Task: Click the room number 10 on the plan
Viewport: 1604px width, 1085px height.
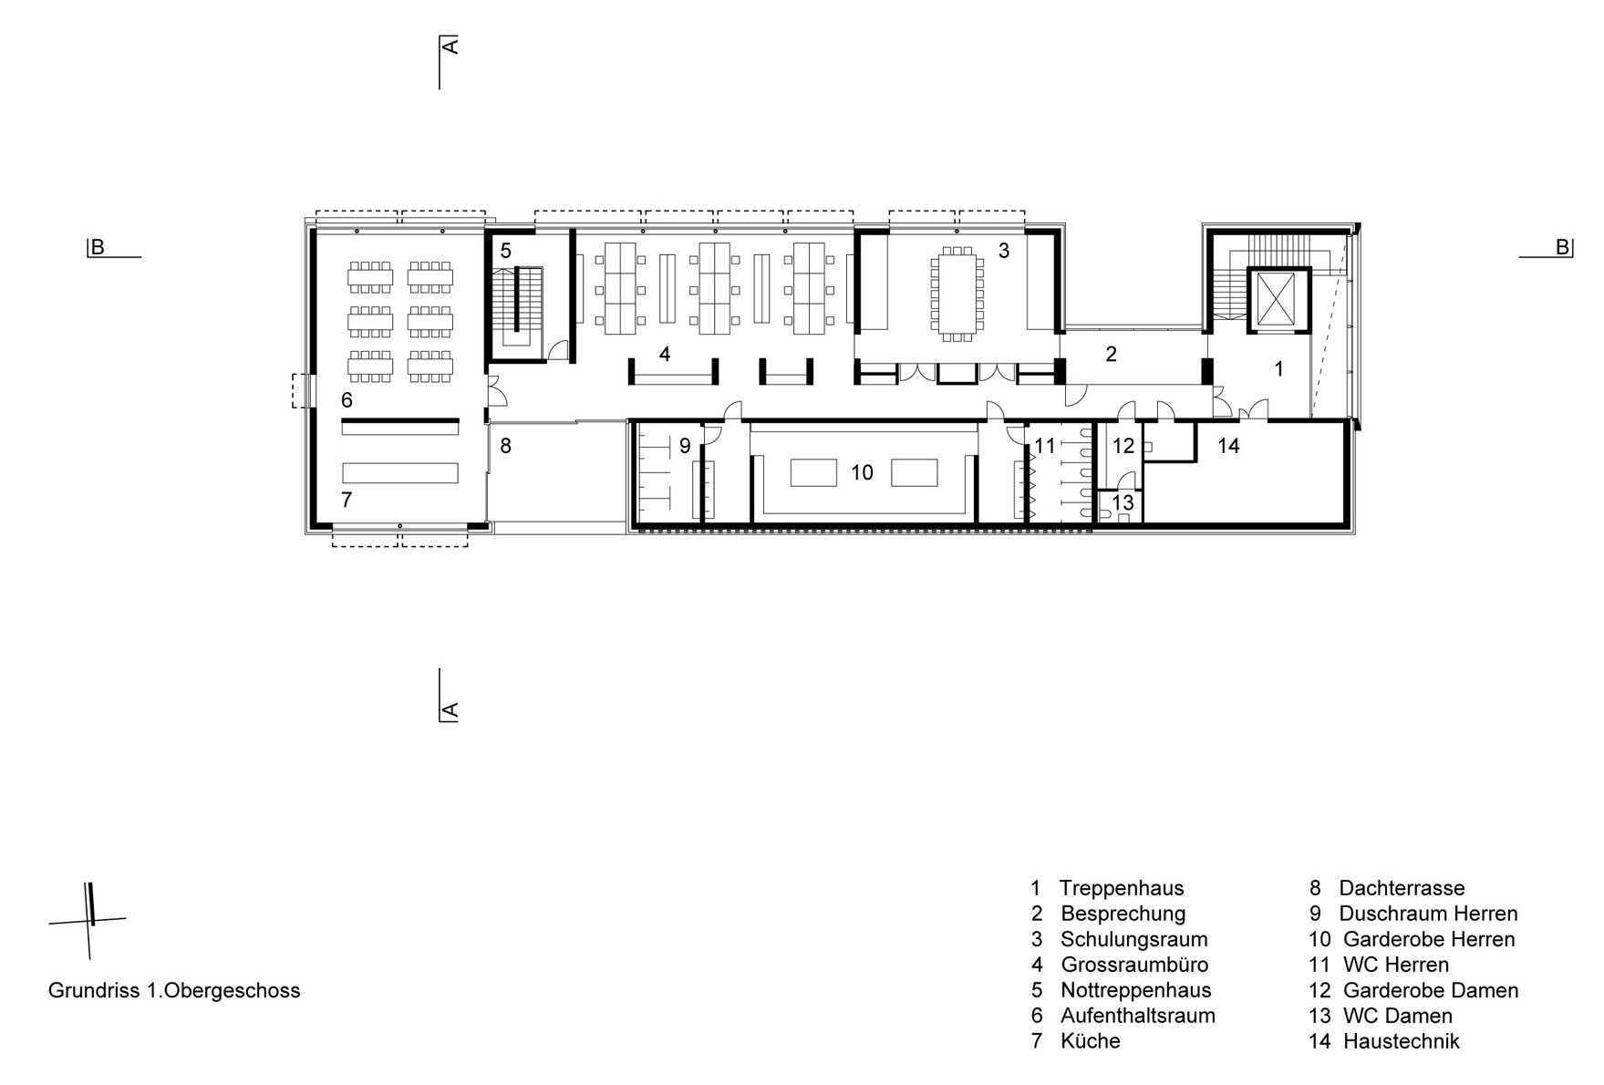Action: pos(862,472)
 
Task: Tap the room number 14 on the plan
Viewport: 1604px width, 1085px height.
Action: pos(1228,446)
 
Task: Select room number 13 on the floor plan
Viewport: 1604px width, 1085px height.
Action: pos(1123,502)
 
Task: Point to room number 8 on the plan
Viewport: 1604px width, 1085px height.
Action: pos(505,446)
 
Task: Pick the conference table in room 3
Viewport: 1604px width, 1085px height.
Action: pos(957,294)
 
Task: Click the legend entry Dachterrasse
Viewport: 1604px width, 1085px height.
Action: pos(1402,888)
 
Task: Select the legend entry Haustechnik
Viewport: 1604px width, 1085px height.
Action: pos(1402,1041)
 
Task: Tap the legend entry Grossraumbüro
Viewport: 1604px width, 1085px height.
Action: pos(1134,965)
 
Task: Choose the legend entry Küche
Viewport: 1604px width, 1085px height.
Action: pos(1091,1041)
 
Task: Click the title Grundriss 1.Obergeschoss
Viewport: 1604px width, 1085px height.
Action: pos(174,990)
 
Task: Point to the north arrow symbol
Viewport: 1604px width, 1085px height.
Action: pos(88,920)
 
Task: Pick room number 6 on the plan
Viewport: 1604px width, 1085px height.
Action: pos(347,400)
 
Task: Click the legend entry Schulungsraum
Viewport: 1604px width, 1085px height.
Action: pos(1133,939)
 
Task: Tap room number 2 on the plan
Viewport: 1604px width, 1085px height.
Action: pos(1111,354)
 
